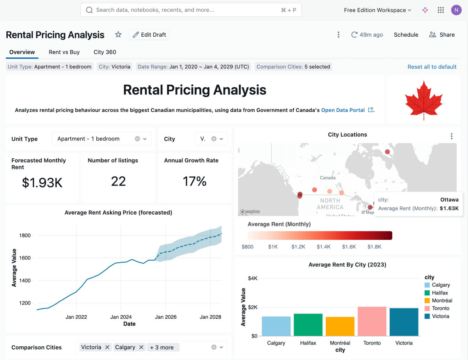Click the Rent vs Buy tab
[64, 52]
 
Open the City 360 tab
[105, 52]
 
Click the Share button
[442, 35]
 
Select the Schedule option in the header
[406, 35]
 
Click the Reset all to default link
[432, 67]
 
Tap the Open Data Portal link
[343, 110]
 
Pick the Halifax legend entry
[440, 293]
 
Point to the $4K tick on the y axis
[253, 278]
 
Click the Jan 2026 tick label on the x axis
[166, 317]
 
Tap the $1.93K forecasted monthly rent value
[42, 183]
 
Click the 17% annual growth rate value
[194, 181]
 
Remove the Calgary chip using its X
[141, 347]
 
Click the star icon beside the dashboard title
[118, 35]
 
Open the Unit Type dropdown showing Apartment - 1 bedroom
[101, 139]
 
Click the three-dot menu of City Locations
[452, 136]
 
